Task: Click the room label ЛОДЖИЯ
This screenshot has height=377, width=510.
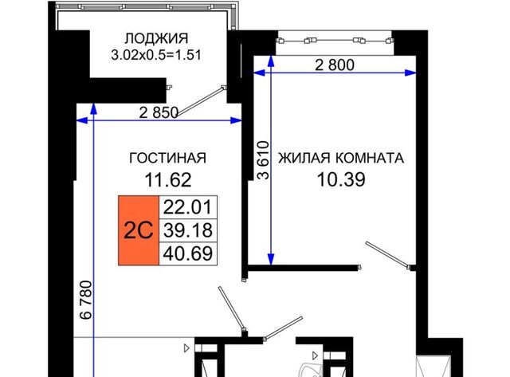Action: [156, 38]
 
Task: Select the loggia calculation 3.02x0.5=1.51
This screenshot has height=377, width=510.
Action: [156, 55]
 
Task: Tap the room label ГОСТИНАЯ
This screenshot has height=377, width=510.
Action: [168, 158]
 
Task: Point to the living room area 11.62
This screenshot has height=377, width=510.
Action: [168, 180]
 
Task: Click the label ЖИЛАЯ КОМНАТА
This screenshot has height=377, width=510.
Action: [341, 158]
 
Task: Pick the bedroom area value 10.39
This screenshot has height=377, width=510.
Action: [341, 179]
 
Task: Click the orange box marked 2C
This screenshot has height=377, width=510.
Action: [139, 230]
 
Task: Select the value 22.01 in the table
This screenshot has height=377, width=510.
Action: [188, 207]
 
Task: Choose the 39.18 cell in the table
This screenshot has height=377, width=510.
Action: [188, 230]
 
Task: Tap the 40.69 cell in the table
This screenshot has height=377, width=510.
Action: [188, 253]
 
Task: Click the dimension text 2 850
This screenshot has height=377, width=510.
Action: [159, 112]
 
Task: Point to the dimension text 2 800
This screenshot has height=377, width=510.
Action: [335, 65]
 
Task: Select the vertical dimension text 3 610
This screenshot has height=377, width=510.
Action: [264, 160]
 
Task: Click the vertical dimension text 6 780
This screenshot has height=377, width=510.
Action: [86, 300]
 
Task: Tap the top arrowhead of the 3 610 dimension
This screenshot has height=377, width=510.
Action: [271, 61]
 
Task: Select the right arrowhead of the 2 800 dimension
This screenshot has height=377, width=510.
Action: [411, 73]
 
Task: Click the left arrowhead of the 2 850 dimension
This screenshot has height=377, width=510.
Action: [81, 120]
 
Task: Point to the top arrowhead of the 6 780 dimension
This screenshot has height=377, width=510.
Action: [94, 108]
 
